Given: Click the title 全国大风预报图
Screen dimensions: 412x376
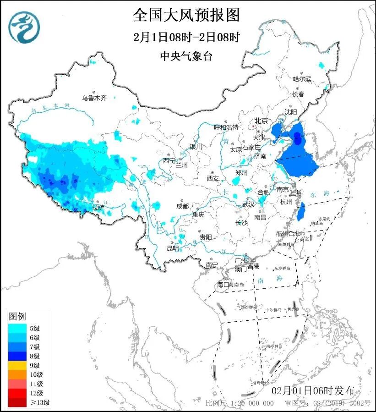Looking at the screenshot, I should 186,15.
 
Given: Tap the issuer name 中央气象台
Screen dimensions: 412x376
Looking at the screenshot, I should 186,56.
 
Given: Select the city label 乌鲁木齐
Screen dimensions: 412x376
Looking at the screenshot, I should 94,98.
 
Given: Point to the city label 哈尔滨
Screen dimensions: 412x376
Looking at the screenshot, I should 302,79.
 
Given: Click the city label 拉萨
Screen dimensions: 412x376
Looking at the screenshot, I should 98,207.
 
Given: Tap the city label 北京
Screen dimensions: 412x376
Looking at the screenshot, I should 261,121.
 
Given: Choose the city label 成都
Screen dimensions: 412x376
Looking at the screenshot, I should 182,206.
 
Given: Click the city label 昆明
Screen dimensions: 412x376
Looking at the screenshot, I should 173,248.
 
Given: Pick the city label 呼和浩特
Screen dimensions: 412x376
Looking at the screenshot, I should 226,127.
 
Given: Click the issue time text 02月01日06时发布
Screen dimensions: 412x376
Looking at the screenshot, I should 313,391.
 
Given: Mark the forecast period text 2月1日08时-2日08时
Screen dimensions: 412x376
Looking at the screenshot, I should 186,37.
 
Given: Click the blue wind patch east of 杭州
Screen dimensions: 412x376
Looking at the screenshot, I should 301,212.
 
